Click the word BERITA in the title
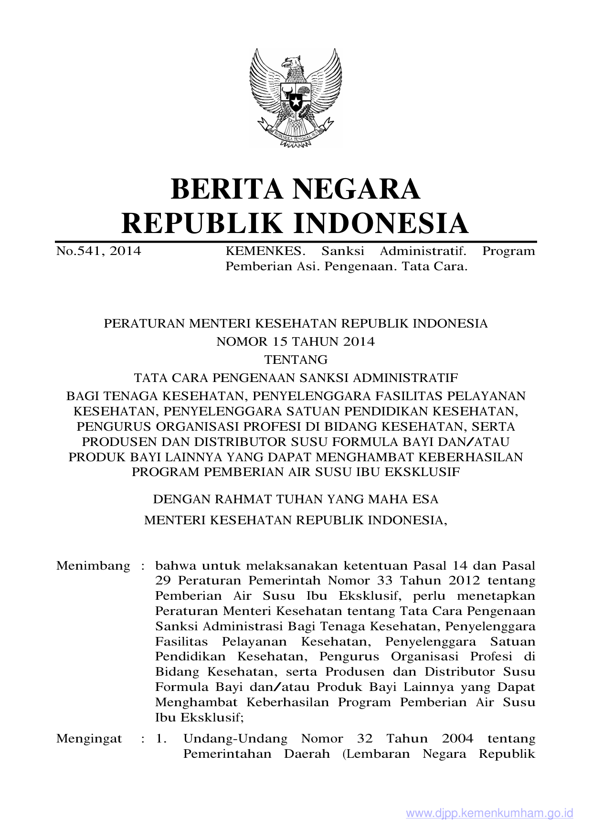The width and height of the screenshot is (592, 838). pos(227,189)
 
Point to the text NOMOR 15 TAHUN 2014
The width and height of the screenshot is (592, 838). pos(296,341)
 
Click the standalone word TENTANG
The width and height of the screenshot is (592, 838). pos(296,360)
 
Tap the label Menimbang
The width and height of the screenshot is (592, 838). pos(93,566)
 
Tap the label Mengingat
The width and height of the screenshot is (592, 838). pos(89,739)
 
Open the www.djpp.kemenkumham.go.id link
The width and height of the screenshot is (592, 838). pos(489,813)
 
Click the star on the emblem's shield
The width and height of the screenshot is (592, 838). pos(296,102)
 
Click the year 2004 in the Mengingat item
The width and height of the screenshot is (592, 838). pos(457,739)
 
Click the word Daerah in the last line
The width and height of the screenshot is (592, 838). pos(307,754)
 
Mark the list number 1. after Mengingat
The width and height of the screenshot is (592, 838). pos(161,739)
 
